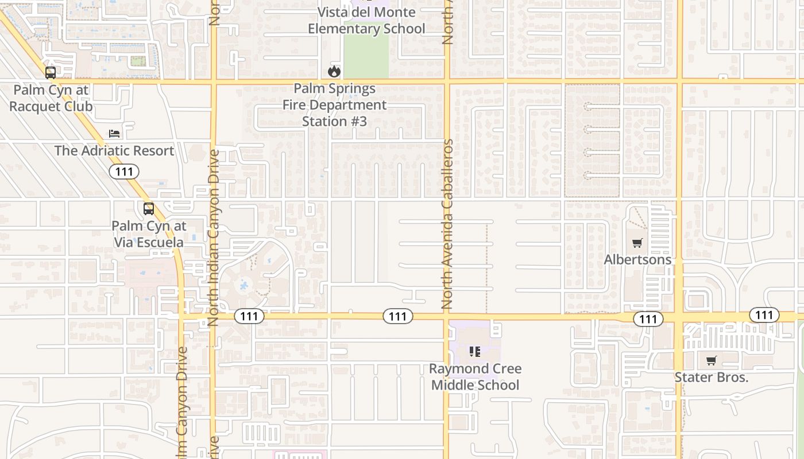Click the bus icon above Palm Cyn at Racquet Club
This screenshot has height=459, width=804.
[x=51, y=73]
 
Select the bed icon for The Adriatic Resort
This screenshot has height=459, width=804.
[x=115, y=134]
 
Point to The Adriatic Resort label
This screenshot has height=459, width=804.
[x=114, y=151]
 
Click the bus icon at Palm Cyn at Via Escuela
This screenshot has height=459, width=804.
[x=149, y=209]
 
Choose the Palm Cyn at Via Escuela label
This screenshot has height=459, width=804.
[x=148, y=234]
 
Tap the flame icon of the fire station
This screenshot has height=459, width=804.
[x=334, y=71]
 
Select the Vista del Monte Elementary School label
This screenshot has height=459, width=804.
[x=366, y=21]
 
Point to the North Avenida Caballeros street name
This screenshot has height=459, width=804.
[x=448, y=224]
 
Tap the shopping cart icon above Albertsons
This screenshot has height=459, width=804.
[x=637, y=243]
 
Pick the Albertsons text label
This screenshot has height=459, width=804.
[x=637, y=260]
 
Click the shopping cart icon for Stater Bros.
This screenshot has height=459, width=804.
[x=712, y=361]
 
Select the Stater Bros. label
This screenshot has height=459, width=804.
[x=711, y=378]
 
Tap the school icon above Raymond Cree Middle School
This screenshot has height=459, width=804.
[x=475, y=351]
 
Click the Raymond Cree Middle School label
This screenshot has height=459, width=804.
[x=475, y=377]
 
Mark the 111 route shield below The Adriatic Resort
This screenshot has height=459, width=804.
[x=124, y=172]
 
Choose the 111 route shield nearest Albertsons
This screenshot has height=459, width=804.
[x=648, y=319]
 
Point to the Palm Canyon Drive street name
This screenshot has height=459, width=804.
[x=183, y=402]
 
